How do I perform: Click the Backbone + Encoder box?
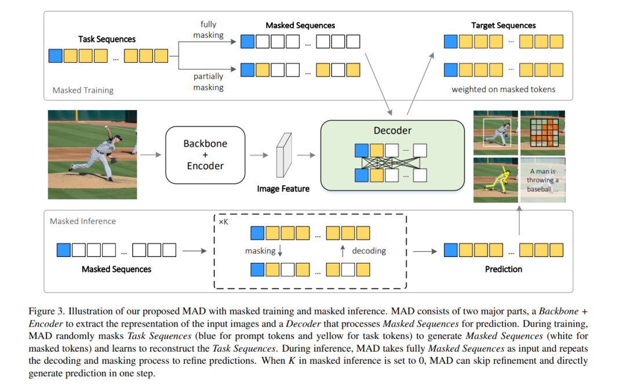(205, 155)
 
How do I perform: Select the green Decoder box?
(392, 155)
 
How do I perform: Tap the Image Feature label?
(283, 189)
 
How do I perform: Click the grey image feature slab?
(284, 155)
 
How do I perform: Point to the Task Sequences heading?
(107, 39)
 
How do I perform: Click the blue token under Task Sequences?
(56, 56)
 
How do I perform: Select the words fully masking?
(209, 30)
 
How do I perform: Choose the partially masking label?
(209, 82)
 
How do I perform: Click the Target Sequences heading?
(504, 25)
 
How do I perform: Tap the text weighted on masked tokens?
(504, 89)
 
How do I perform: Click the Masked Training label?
(83, 91)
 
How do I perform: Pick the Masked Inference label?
(83, 221)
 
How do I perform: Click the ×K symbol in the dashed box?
(224, 222)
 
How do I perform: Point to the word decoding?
(369, 251)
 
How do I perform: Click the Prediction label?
(504, 269)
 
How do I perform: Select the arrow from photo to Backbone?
(151, 155)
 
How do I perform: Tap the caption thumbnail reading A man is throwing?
(543, 180)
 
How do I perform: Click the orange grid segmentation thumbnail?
(543, 133)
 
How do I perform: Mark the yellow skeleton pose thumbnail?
(496, 180)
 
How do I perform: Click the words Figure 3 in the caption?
(46, 312)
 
